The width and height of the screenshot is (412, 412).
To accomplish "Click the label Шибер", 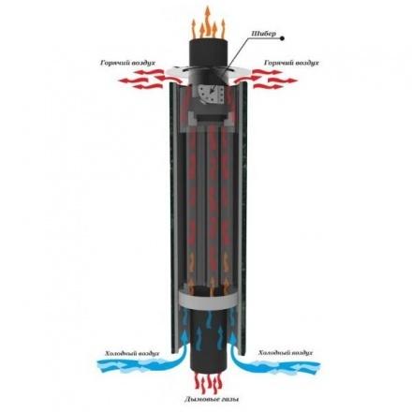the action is coord(264,34).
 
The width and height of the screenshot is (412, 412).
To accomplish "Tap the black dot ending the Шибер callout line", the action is coord(282,38).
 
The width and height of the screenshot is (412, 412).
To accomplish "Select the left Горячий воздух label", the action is coord(128,63).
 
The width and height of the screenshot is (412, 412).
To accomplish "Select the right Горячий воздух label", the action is coord(291,63).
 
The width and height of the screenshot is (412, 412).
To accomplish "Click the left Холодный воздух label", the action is coord(132,353).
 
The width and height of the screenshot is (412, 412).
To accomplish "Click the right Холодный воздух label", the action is coord(286,353).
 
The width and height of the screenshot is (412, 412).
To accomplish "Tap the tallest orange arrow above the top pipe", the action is coord(207,21).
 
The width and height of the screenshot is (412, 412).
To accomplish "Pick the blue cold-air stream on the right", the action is coord(275,359).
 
